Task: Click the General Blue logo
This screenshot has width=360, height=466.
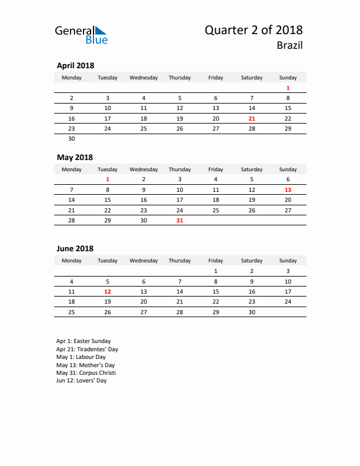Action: click(81, 35)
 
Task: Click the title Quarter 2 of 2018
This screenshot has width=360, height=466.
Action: click(254, 30)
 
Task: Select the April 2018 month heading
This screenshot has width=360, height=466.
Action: click(75, 65)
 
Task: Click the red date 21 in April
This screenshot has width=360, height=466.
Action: click(252, 118)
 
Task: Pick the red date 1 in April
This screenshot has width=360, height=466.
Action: click(288, 88)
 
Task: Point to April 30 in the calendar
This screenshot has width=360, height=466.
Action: click(72, 138)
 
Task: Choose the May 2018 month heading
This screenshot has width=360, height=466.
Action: click(75, 157)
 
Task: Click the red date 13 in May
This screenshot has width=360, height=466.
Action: click(288, 189)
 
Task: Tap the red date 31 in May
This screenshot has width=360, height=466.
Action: click(179, 220)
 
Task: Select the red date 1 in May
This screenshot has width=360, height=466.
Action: click(108, 179)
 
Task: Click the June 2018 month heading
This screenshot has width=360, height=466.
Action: click(75, 249)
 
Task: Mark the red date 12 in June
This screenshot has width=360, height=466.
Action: click(108, 291)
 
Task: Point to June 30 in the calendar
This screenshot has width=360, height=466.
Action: click(252, 312)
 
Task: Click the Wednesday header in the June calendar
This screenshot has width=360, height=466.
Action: click(144, 261)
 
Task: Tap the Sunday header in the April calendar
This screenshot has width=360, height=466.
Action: click(288, 77)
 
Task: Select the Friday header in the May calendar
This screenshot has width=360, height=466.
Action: click(215, 169)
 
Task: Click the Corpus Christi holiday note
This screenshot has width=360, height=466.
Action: click(86, 372)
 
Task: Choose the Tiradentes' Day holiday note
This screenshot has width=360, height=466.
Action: click(87, 349)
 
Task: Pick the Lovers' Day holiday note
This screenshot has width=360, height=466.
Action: click(81, 381)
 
